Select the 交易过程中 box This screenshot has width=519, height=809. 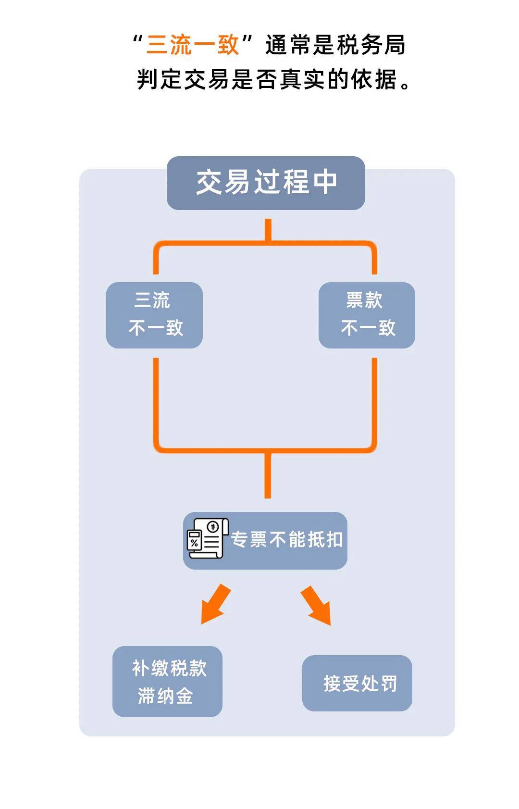click(x=266, y=183)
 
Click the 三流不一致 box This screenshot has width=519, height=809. click(x=154, y=315)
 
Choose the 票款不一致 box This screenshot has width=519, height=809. click(x=367, y=315)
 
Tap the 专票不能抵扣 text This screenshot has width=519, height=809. click(x=287, y=540)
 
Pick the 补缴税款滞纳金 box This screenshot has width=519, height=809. click(x=167, y=681)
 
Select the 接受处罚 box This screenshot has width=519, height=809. click(x=357, y=683)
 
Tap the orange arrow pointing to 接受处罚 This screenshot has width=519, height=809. click(x=317, y=605)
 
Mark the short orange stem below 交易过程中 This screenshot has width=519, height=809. click(x=268, y=229)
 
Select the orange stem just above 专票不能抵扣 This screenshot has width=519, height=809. click(x=268, y=476)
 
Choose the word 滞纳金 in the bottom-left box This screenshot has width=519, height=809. click(x=165, y=696)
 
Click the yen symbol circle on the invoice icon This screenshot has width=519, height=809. click(x=213, y=527)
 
